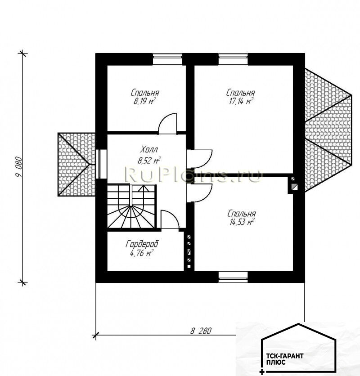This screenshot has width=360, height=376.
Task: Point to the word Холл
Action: (149, 150)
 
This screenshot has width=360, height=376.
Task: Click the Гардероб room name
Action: (142, 244)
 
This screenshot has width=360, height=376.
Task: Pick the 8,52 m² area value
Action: (149, 160)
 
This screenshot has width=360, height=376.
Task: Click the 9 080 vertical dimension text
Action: (19, 167)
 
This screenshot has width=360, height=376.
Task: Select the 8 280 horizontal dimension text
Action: (201, 331)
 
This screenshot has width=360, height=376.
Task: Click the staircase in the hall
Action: (131, 206)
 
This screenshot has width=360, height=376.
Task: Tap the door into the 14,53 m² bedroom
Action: (200, 193)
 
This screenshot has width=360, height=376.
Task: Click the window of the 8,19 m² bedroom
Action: (167, 59)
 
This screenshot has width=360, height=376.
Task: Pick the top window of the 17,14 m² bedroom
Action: (233, 59)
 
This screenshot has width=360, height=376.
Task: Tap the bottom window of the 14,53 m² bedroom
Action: (233, 277)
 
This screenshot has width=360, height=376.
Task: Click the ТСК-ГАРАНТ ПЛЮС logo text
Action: (285, 359)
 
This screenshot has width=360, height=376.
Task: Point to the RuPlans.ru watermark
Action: (193, 174)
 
